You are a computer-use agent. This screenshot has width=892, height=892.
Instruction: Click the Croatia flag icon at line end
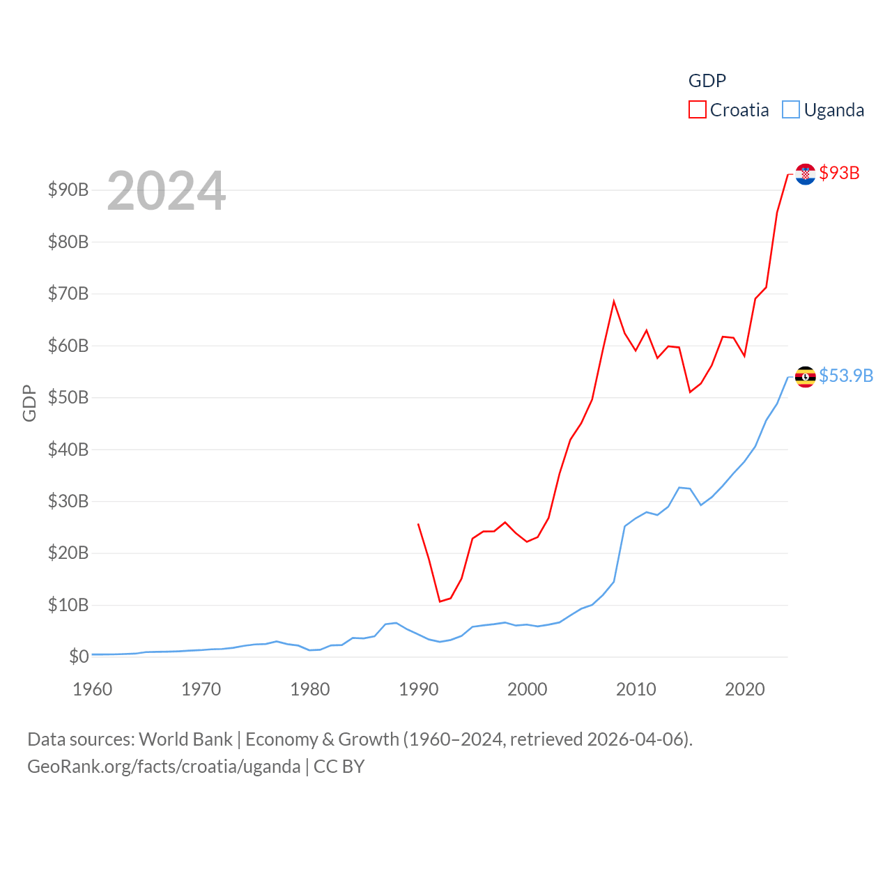point(806,174)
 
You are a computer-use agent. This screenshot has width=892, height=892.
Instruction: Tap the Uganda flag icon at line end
point(806,377)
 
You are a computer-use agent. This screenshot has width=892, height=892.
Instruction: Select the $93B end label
point(839,173)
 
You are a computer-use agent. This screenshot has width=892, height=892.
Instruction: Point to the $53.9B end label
point(846,376)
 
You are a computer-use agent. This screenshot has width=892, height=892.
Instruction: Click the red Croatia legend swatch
point(697,110)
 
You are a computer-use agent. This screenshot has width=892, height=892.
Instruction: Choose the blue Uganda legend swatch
point(790,110)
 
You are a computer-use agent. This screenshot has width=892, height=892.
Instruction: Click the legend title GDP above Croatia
point(707,81)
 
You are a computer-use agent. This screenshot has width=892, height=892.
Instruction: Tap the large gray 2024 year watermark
point(166,190)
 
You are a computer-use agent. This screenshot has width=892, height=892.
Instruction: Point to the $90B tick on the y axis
point(68,190)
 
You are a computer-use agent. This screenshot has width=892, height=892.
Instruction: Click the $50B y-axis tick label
point(68,397)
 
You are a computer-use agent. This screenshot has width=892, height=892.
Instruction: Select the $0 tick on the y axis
point(79,656)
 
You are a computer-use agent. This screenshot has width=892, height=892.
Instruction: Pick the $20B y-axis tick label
point(68,553)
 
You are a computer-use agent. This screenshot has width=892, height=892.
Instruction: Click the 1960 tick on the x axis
point(93,689)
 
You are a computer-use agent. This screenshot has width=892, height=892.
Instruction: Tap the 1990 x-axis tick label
point(419,689)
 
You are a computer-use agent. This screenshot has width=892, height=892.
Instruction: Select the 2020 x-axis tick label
point(745,689)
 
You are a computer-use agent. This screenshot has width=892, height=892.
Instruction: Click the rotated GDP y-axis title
point(29,403)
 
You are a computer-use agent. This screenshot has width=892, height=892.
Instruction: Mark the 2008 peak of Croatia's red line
point(614,301)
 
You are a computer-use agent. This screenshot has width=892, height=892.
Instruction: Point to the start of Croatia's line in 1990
point(418,523)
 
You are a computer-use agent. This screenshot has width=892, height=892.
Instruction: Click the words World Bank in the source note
point(185,739)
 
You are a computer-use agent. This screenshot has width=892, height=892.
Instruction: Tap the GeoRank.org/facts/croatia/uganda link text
point(164,767)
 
